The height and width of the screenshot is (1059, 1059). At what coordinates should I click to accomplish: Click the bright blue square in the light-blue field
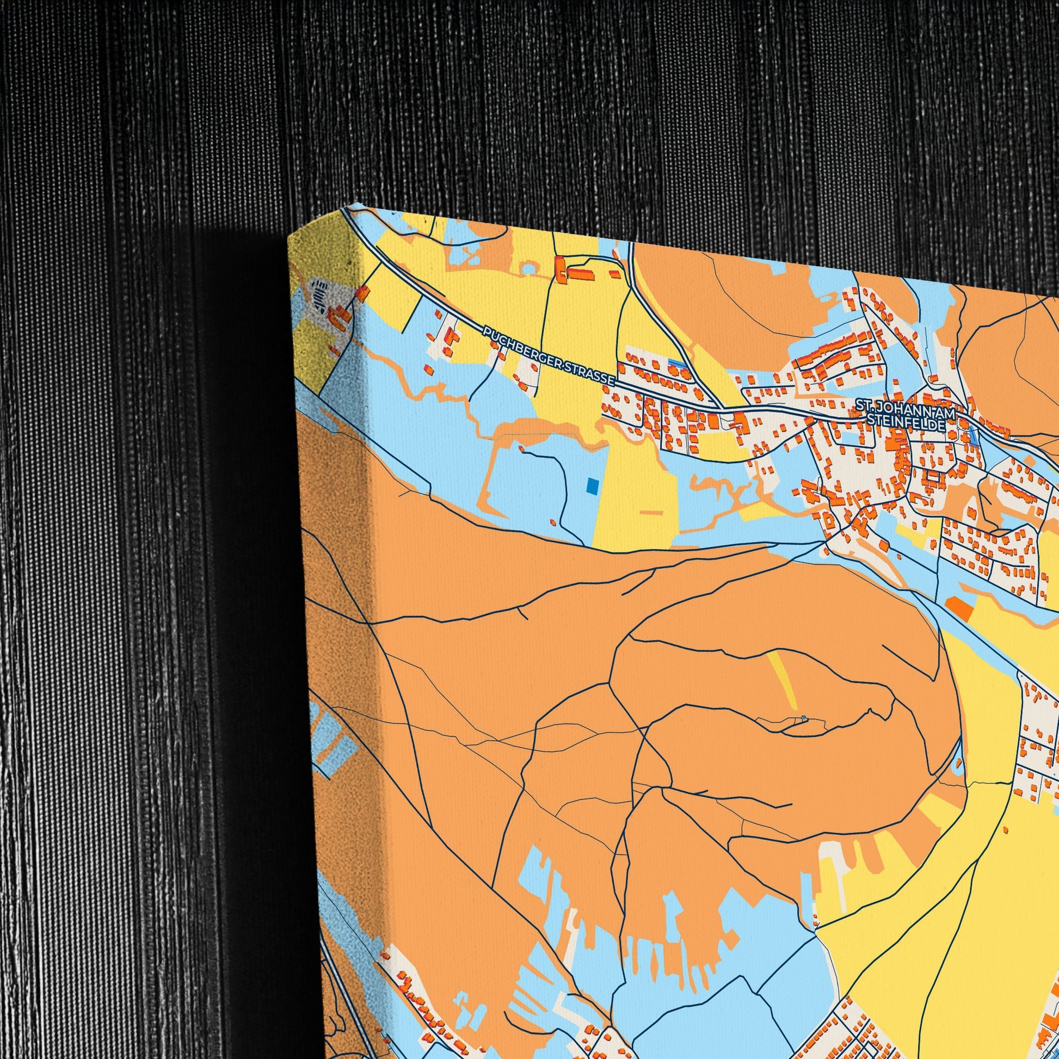[x=593, y=485]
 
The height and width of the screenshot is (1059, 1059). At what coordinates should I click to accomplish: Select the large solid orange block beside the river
[x=959, y=609]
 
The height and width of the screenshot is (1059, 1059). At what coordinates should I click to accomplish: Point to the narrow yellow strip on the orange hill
[x=783, y=679]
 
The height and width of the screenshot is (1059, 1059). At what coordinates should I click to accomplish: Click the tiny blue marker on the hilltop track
[x=804, y=718]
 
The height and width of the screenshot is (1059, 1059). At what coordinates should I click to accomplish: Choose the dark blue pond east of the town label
[x=972, y=436]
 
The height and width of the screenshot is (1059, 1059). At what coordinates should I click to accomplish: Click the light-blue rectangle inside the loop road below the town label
[x=850, y=439]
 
